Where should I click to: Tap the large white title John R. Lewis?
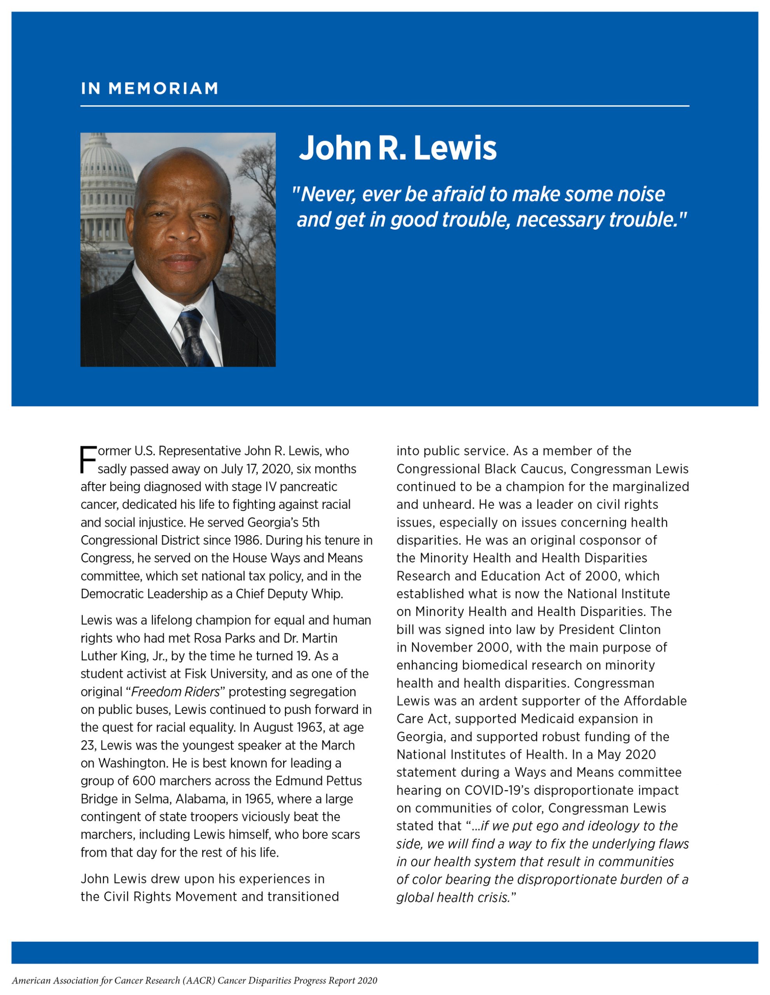pos(397,148)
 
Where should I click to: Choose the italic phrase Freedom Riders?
pos(175,691)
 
